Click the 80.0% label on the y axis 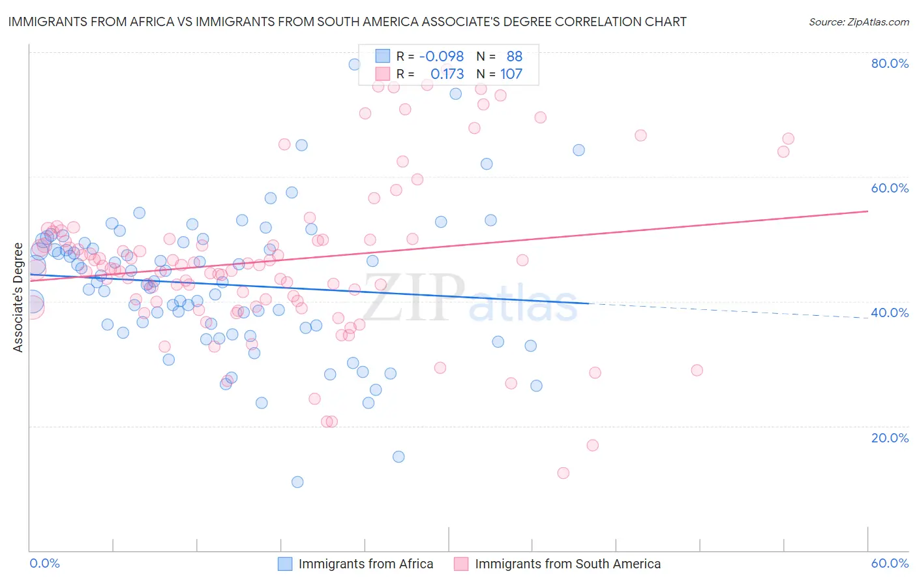tap(890, 63)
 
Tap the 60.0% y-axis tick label tap(890, 188)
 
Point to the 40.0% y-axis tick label tap(890, 313)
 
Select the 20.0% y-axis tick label tap(890, 437)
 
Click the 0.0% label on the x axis tap(44, 563)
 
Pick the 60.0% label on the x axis tap(890, 563)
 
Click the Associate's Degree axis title tap(18, 298)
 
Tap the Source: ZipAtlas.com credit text tap(859, 22)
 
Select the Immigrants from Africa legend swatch tap(285, 564)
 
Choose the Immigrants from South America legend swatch tap(461, 564)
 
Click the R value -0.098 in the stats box tap(441, 57)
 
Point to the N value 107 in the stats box tap(511, 74)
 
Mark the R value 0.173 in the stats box tap(447, 74)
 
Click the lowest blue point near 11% tap(297, 482)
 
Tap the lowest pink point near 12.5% tap(564, 473)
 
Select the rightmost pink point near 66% tap(788, 138)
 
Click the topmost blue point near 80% tap(354, 64)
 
